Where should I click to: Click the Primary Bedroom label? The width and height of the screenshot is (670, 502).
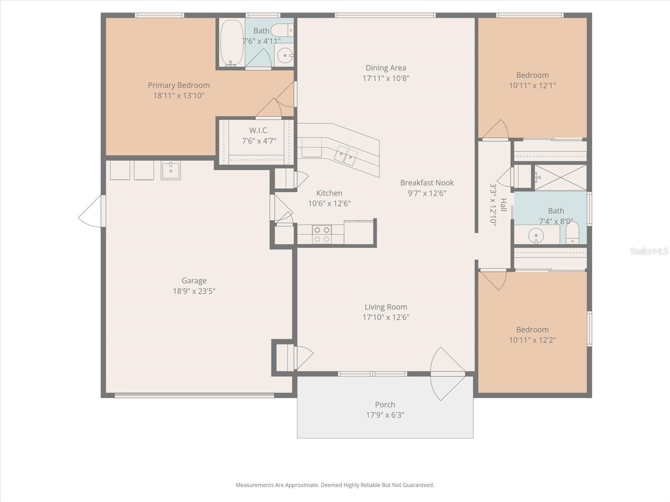(x=178, y=85)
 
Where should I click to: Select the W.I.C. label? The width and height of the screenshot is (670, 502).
(x=259, y=131)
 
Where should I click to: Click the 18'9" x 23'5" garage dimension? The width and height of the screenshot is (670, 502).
(x=194, y=291)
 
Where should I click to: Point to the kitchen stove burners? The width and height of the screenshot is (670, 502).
(x=322, y=234)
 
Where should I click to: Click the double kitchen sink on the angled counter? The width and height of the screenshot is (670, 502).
(x=345, y=156)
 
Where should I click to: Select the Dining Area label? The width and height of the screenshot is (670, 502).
(x=386, y=68)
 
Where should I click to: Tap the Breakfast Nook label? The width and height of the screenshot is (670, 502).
(x=427, y=182)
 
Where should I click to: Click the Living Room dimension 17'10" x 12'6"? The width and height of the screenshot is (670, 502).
(x=386, y=317)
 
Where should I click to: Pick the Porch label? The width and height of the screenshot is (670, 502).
(x=385, y=405)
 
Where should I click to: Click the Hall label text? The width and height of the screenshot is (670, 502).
(x=503, y=205)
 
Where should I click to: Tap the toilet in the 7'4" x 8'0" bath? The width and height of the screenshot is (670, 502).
(x=572, y=233)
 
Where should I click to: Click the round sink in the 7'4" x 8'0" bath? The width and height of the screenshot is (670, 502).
(x=536, y=236)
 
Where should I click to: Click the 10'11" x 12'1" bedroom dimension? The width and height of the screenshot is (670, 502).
(x=532, y=85)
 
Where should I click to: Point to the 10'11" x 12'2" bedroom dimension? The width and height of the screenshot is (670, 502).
(x=532, y=340)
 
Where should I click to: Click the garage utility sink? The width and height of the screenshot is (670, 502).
(x=170, y=170)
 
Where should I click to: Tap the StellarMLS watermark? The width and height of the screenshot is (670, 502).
(x=649, y=251)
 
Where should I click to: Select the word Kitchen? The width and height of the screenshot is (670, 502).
(x=329, y=193)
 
